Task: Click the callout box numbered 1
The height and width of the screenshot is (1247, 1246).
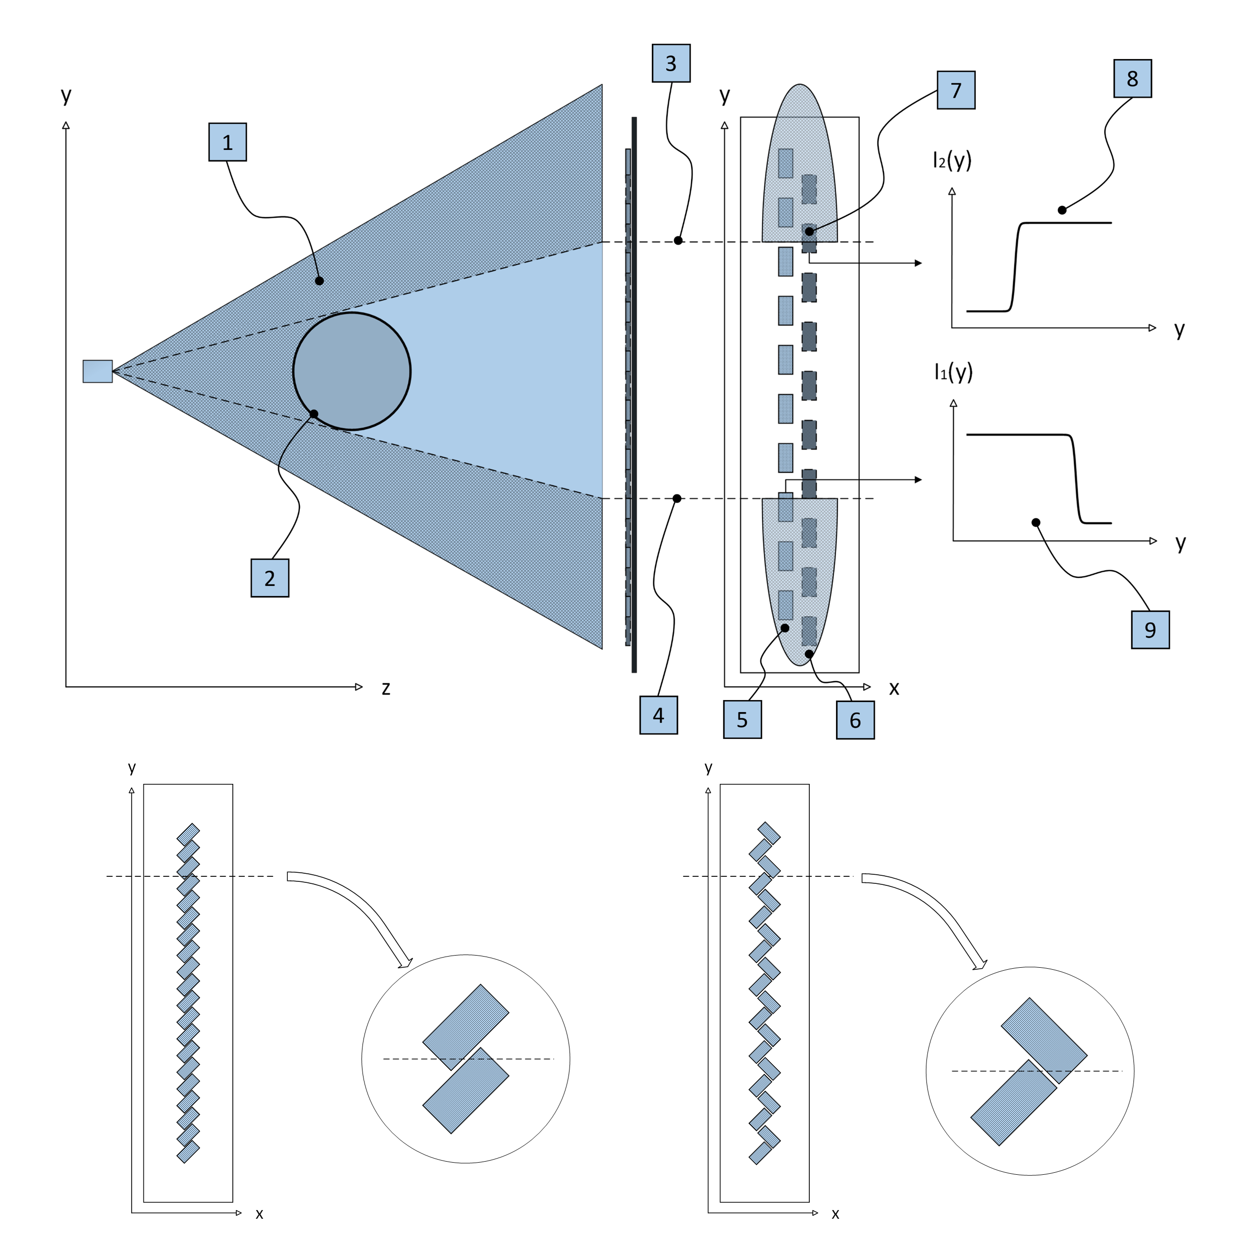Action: (x=227, y=142)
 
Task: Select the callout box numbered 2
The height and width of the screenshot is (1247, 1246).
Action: (x=270, y=578)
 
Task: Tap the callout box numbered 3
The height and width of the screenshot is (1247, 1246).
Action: (x=671, y=63)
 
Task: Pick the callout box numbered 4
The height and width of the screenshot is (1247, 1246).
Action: (x=658, y=715)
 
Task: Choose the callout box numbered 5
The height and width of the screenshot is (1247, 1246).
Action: (x=742, y=720)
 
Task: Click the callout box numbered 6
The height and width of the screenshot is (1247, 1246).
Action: (x=855, y=720)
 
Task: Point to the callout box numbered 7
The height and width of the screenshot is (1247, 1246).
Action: (x=956, y=90)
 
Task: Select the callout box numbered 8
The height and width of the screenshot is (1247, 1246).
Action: (x=1132, y=79)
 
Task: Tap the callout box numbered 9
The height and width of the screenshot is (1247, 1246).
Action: (x=1150, y=630)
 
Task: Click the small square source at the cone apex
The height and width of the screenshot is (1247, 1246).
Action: (x=97, y=371)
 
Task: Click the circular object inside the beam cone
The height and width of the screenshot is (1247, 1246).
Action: (x=352, y=371)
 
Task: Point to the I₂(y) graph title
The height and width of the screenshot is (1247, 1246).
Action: (x=952, y=160)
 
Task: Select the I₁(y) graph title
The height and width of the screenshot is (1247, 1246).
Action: (x=953, y=372)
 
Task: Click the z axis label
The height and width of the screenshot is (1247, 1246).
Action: (x=386, y=689)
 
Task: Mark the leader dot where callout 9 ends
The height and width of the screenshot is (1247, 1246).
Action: (x=1035, y=523)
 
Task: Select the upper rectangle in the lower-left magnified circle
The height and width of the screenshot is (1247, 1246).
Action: (x=466, y=1027)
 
